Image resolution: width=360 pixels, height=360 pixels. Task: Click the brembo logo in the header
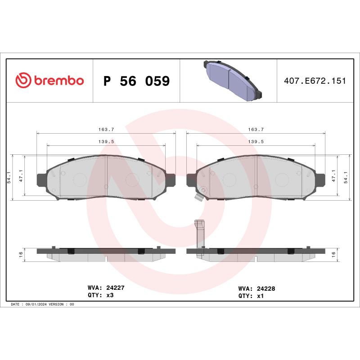pyautogui.click(x=49, y=81)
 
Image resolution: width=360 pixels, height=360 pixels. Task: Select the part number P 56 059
pyautogui.click(x=136, y=81)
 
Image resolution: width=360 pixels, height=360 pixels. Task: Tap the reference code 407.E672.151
pyautogui.click(x=315, y=81)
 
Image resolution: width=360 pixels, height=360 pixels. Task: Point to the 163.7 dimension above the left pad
pyautogui.click(x=106, y=129)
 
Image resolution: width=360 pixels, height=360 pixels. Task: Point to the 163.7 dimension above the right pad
pyautogui.click(x=256, y=129)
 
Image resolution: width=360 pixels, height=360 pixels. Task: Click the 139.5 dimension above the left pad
pyautogui.click(x=106, y=141)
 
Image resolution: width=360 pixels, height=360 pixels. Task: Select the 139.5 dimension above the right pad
pyautogui.click(x=256, y=141)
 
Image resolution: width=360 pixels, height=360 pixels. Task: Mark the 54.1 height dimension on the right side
pyautogui.click(x=345, y=176)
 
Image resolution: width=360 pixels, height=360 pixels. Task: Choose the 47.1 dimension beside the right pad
pyautogui.click(x=333, y=176)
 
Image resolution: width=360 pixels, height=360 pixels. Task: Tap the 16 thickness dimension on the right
pyautogui.click(x=333, y=254)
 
